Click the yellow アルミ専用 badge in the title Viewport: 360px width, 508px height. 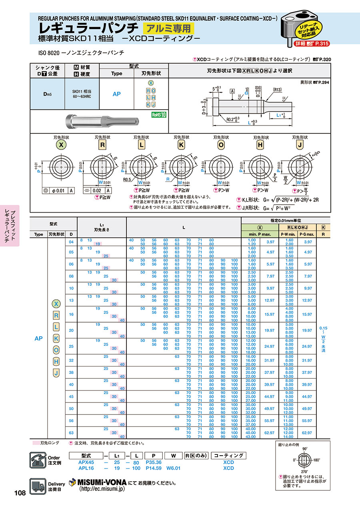pos(168,28)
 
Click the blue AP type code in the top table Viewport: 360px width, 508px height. pos(116,94)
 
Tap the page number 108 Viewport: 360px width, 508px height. pos(20,493)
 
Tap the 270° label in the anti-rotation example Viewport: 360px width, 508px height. pos(305,471)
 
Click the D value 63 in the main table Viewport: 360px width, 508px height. pos(71,432)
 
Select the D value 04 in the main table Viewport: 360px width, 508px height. pos(71,241)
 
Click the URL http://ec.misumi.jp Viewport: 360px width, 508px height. pos(102,489)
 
